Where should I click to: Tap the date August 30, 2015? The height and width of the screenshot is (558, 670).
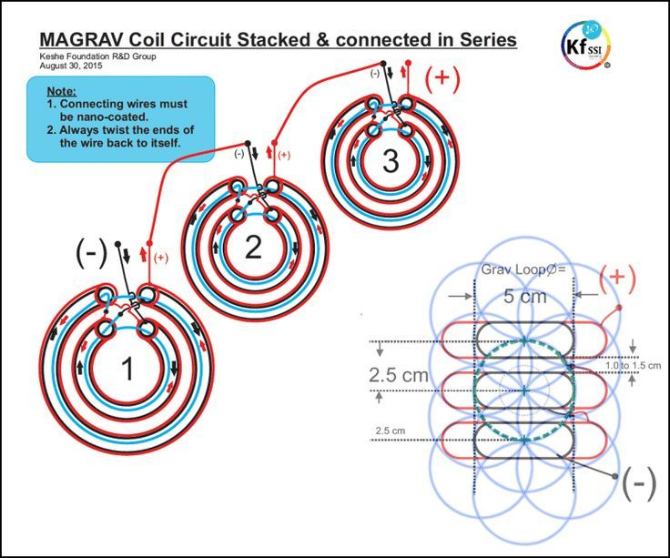click(x=71, y=66)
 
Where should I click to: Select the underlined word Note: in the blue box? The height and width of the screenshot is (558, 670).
click(x=62, y=91)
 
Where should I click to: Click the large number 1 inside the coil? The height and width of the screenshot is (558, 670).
click(x=127, y=369)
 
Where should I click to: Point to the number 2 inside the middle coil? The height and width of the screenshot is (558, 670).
click(x=253, y=248)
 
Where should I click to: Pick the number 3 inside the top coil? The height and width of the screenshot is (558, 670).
click(x=391, y=161)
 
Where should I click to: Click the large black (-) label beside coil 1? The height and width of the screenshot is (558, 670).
click(x=91, y=253)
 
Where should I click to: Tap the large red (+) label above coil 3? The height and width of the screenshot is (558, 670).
click(x=442, y=79)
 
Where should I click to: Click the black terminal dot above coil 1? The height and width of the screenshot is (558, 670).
click(x=118, y=244)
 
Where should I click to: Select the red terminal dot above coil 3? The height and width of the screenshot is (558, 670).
click(x=408, y=63)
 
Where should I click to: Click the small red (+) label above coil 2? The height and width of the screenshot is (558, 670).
click(x=284, y=155)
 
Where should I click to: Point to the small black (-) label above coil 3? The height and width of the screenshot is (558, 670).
click(x=375, y=74)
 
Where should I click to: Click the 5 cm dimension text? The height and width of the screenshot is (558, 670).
click(x=524, y=296)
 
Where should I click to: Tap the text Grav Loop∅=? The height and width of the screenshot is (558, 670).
click(x=523, y=269)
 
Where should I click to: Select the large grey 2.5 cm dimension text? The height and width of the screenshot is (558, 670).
click(x=398, y=375)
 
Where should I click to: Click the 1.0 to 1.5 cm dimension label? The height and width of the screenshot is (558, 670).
click(x=633, y=366)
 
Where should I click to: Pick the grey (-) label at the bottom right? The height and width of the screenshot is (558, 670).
click(x=639, y=484)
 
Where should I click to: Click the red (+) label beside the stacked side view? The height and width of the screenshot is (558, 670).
click(x=617, y=278)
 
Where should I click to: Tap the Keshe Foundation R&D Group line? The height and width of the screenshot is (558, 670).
click(x=97, y=56)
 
